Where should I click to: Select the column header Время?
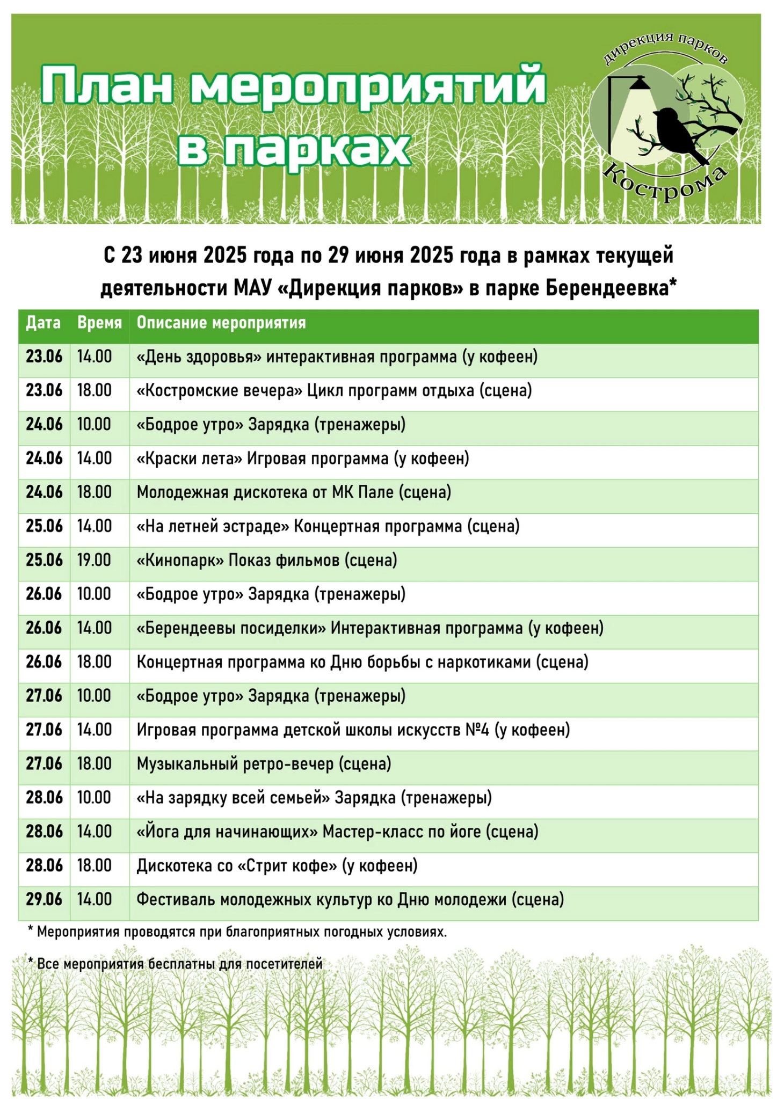(x=99, y=323)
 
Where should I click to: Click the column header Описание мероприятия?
(x=221, y=323)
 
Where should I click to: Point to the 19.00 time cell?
(x=94, y=560)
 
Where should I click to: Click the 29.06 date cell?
(x=44, y=899)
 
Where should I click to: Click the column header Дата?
(x=43, y=323)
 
